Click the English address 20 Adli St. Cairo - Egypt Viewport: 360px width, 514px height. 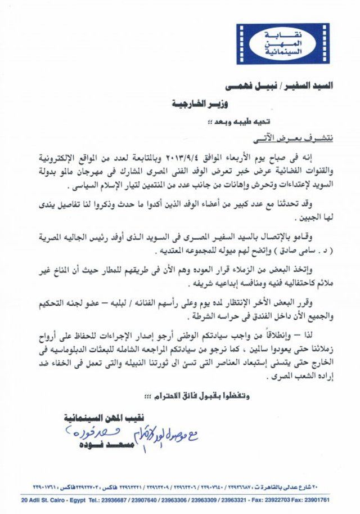52,500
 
